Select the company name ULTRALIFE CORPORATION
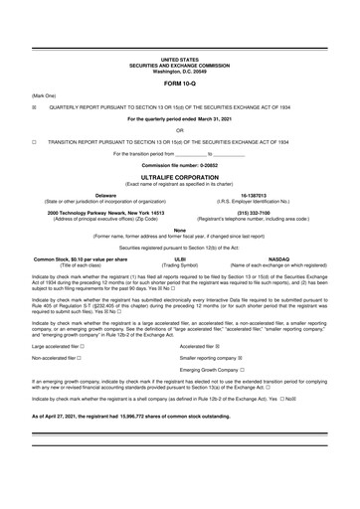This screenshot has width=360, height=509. [x=179, y=173]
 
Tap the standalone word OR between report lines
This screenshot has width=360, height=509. [x=179, y=129]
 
